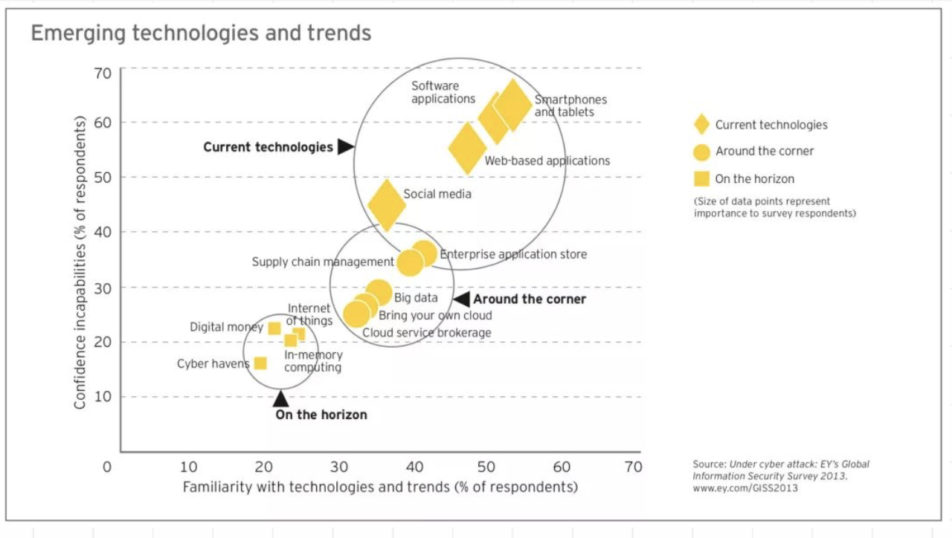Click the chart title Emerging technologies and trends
201,33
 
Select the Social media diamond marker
387,204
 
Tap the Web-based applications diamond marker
467,149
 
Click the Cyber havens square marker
260,363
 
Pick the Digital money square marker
274,328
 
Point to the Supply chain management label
323,262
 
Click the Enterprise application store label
513,254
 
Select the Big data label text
416,298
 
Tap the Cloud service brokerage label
427,333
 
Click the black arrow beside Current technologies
345,146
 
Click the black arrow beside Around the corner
462,299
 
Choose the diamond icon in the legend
701,125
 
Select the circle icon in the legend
701,152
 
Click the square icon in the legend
701,178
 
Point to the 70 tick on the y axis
103,73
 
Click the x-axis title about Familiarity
380,487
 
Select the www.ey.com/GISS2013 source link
745,488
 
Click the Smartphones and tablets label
570,106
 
